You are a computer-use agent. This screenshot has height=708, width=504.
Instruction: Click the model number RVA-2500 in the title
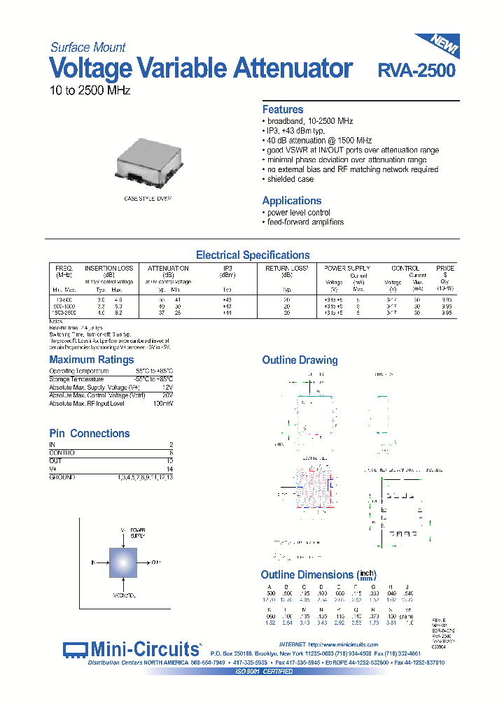(416, 71)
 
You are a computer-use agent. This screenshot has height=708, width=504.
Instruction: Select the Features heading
(283, 110)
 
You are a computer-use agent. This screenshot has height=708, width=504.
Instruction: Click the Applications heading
(292, 201)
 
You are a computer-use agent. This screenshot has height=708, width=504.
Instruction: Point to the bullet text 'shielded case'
(291, 180)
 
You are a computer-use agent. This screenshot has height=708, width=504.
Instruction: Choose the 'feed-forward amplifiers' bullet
(305, 222)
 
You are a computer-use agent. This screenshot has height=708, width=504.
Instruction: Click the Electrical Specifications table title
(252, 255)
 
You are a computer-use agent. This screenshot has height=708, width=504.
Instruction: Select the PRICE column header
(444, 268)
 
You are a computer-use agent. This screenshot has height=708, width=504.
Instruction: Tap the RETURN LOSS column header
(287, 268)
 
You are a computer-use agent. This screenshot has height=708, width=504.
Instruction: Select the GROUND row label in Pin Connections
(62, 477)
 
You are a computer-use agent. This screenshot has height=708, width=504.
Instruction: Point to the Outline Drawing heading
(300, 360)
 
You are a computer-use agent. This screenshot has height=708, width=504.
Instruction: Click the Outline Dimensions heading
(307, 574)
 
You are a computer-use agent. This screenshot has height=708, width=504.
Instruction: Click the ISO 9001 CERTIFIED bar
(264, 671)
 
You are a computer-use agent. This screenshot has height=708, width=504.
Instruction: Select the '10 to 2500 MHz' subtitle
(90, 91)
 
